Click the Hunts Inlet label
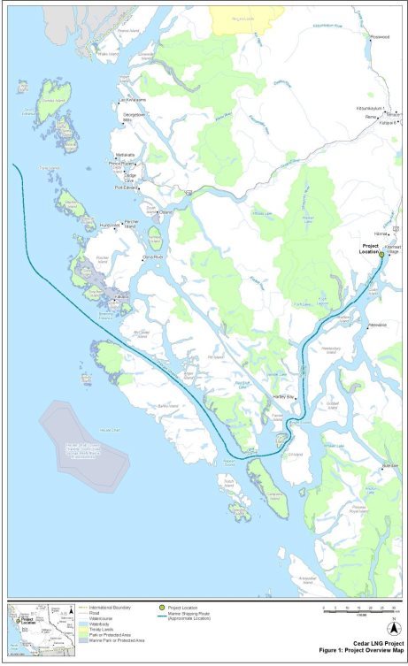click(x=110, y=225)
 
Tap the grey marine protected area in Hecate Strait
click(x=82, y=437)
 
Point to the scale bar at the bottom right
click(x=359, y=609)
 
